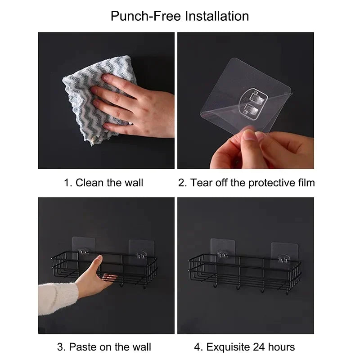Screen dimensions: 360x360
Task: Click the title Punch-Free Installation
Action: (x=180, y=16)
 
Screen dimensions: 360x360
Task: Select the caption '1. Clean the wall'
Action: (x=103, y=182)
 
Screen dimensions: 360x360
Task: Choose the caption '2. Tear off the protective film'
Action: (x=246, y=182)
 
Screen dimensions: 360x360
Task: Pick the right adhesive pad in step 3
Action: (x=141, y=250)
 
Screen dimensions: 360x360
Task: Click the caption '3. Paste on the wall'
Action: (x=104, y=347)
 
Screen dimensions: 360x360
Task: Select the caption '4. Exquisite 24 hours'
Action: (x=244, y=347)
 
